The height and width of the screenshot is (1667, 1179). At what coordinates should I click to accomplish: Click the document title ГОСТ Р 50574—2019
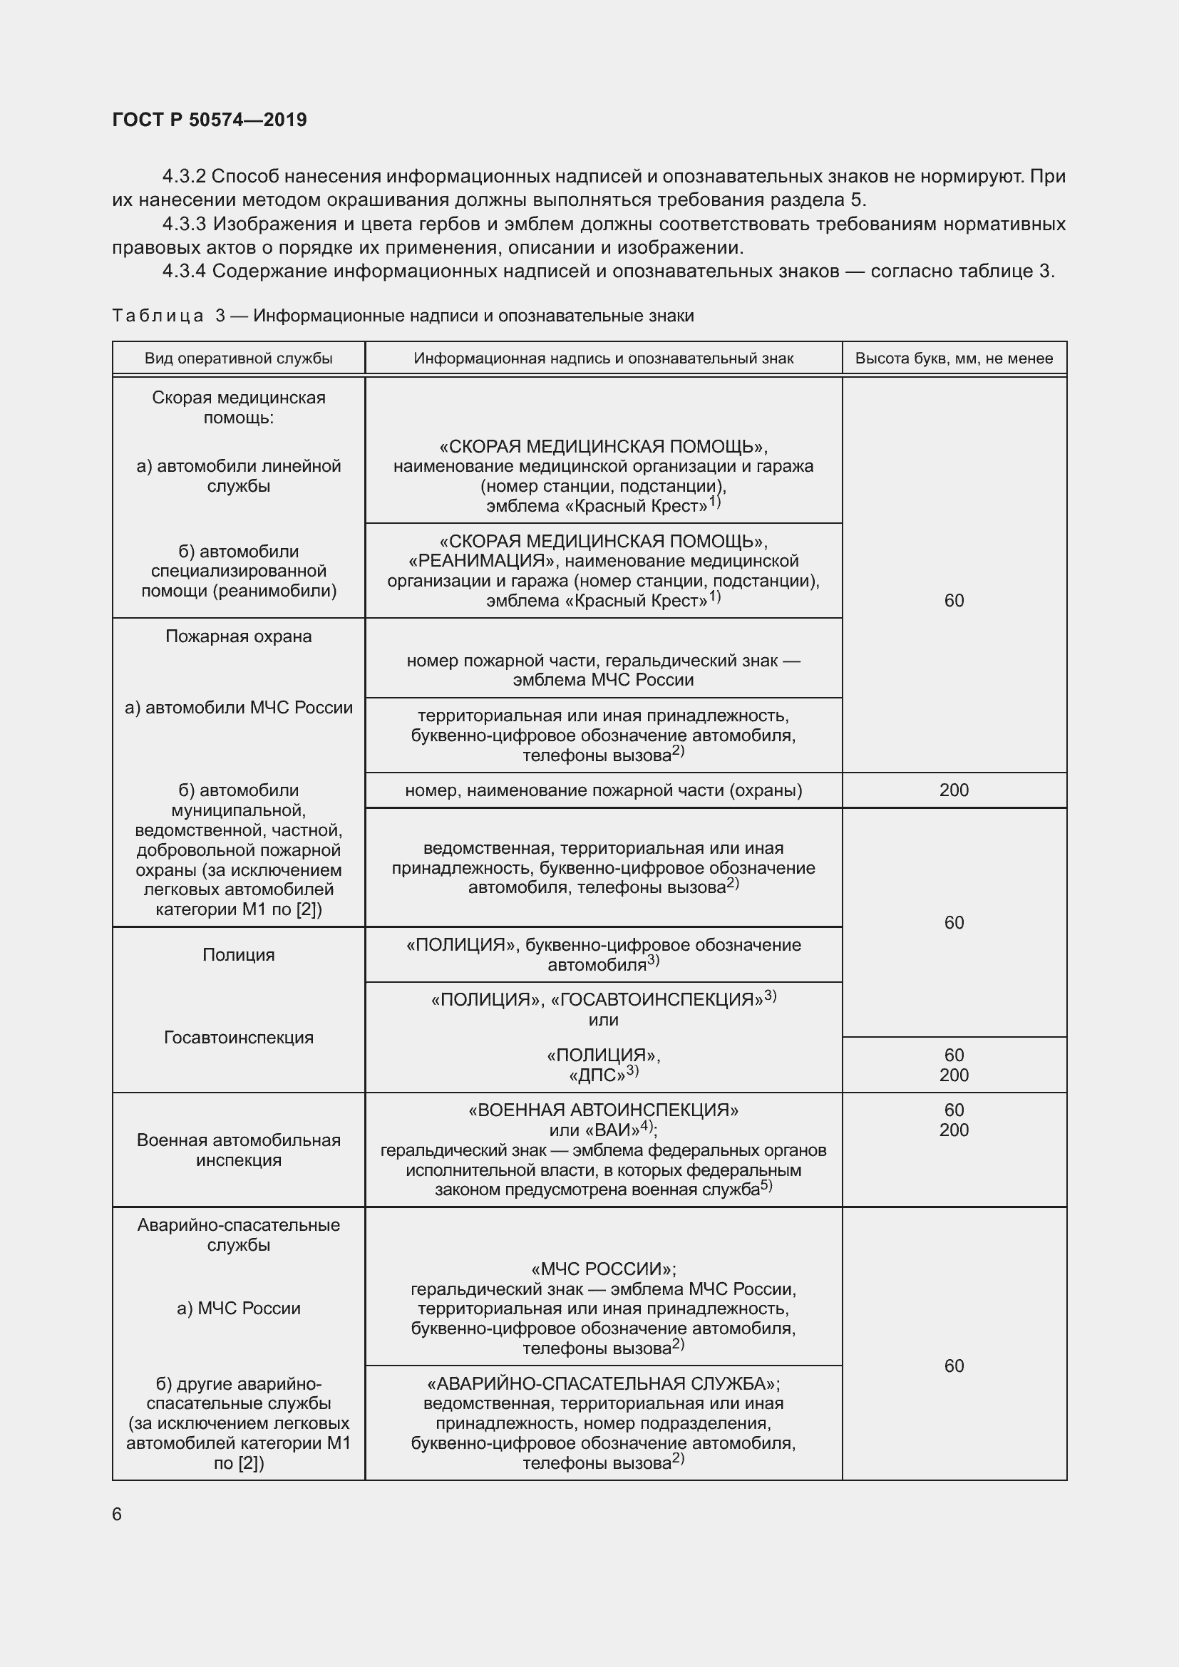click(209, 120)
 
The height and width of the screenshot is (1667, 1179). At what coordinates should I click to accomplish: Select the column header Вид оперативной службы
click(238, 358)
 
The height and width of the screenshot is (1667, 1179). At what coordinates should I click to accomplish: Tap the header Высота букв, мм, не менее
click(953, 358)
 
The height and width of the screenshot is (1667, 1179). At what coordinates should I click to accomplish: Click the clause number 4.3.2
click(185, 177)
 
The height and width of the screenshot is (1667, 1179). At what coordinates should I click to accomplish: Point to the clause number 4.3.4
click(185, 272)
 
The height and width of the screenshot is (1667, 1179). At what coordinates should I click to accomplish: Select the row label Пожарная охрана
click(238, 636)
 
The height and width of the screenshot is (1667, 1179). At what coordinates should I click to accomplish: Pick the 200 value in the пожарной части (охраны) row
click(953, 790)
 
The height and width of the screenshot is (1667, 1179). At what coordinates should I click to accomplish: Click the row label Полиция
click(238, 955)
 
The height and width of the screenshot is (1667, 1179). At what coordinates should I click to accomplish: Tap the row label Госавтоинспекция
click(238, 1038)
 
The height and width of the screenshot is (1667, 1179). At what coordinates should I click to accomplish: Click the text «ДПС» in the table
click(597, 1075)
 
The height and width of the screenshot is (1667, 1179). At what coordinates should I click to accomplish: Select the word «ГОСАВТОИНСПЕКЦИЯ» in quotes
click(657, 1001)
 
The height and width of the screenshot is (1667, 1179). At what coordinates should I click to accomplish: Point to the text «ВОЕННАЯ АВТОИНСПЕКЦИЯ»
click(603, 1110)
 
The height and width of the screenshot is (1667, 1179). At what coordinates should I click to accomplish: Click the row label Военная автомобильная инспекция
click(238, 1150)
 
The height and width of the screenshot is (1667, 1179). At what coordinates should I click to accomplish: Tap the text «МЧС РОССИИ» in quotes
click(602, 1269)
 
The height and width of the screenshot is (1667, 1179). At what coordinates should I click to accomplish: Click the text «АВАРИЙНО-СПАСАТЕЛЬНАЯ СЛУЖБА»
click(602, 1384)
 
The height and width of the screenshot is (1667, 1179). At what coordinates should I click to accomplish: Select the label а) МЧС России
click(238, 1309)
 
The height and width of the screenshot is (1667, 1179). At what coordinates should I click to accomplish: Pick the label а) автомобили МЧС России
click(238, 708)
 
